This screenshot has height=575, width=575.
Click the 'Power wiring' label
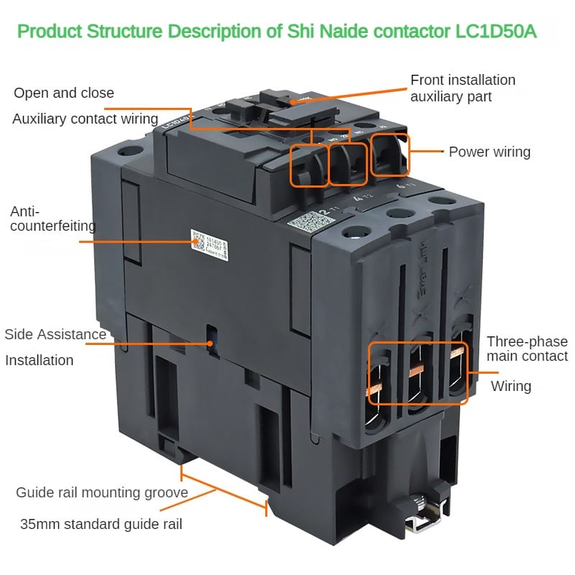[x=489, y=152]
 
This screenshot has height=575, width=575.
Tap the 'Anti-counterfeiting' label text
[x=52, y=218]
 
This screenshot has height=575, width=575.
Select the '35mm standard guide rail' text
[x=101, y=524]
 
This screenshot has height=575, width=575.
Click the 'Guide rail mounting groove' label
[x=102, y=492]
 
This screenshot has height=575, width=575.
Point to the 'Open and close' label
[x=64, y=93]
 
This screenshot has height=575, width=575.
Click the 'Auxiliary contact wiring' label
[x=85, y=119]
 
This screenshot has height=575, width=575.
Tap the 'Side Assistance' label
[x=55, y=334]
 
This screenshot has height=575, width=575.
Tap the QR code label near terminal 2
[x=301, y=223]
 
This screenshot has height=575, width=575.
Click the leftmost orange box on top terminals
[x=309, y=165]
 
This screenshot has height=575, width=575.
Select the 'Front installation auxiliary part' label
[x=463, y=88]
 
